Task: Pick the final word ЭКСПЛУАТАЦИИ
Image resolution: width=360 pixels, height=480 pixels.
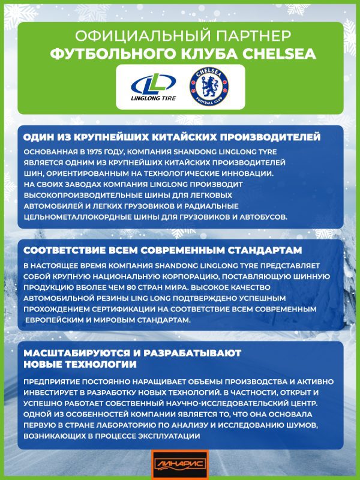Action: tap(178, 436)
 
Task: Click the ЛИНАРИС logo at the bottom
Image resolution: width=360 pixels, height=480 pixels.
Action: tap(179, 464)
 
